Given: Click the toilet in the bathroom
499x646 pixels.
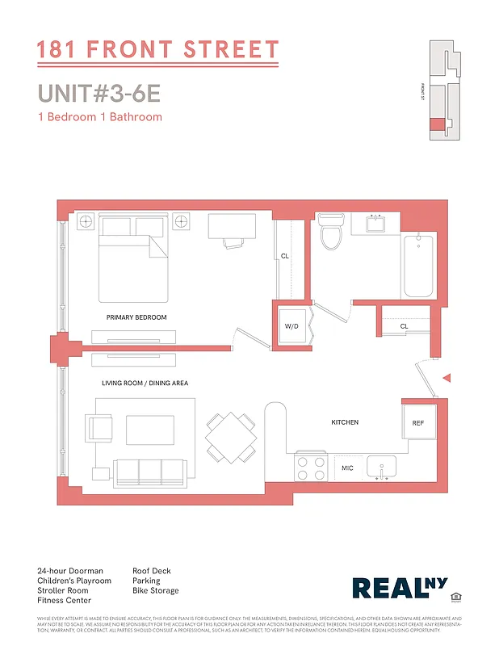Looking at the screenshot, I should [330, 232].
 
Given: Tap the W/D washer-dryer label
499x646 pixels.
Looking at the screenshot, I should [291, 326].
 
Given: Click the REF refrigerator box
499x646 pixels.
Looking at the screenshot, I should [417, 422].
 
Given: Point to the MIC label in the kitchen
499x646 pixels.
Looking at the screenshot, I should [347, 468].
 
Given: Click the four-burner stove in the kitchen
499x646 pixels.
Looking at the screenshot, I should [311, 468].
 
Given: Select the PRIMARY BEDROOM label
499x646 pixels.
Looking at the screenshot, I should [136, 317].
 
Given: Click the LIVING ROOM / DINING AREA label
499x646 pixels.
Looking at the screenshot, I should [145, 383].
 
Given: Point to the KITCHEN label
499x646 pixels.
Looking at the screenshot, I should [345, 422].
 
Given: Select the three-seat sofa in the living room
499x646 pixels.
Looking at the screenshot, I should [149, 470].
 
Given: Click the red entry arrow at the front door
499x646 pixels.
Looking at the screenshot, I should [447, 378].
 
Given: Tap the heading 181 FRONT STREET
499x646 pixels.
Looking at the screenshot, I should [157, 50].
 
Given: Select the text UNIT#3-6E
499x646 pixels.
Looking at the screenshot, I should [99, 93].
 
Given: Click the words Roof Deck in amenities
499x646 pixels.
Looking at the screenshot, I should [152, 571].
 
